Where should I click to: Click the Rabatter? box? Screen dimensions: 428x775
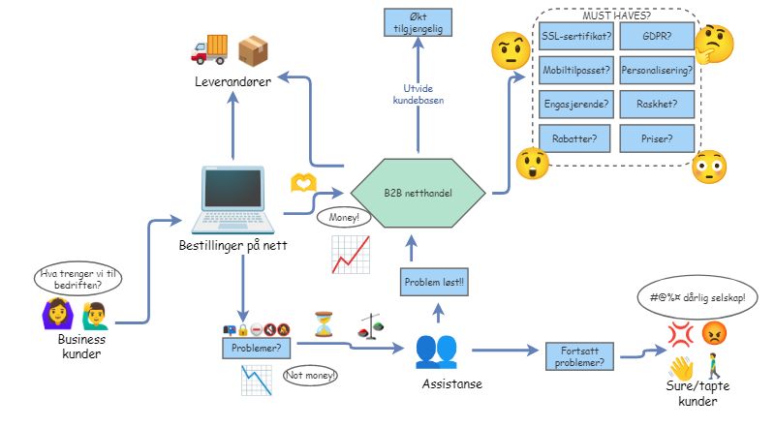pos(574,138)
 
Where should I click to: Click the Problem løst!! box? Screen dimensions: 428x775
pos(434,283)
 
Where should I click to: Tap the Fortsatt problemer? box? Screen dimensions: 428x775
pos(575,356)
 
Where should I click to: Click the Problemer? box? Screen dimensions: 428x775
pos(258,346)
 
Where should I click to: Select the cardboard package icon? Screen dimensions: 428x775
pos(253,49)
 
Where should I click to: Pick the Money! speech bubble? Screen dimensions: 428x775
pos(343,218)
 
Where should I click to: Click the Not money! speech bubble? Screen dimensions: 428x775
pos(311,375)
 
